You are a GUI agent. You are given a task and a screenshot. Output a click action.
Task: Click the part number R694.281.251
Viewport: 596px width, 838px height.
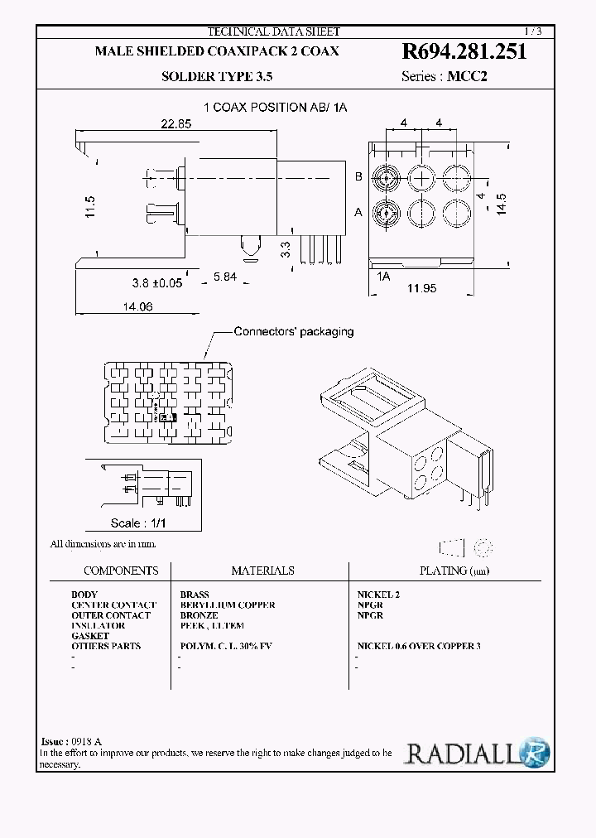pos(464,52)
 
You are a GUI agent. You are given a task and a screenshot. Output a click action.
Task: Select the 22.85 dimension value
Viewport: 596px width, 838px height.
pos(175,124)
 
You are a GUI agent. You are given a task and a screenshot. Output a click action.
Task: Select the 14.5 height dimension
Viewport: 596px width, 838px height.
pos(501,204)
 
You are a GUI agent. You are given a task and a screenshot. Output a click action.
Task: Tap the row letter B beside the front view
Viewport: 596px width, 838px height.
pos(359,176)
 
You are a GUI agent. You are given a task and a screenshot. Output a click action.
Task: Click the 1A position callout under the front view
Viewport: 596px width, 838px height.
pos(382,277)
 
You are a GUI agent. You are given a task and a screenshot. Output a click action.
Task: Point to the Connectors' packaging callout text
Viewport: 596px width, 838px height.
pos(294,331)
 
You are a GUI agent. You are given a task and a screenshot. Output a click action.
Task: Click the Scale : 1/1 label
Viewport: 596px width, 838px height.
pos(138,523)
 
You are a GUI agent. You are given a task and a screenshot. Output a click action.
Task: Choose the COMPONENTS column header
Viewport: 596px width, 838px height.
pos(121,571)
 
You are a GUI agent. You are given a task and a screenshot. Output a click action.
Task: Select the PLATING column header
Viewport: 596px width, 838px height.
pos(445,571)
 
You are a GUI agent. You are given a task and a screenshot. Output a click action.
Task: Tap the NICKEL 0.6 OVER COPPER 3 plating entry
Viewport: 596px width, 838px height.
pos(419,646)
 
